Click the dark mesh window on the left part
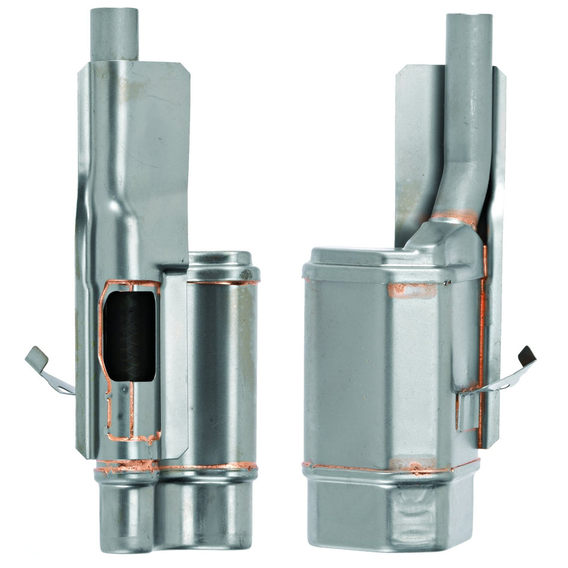pyautogui.click(x=129, y=337)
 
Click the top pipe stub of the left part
pyautogui.click(x=114, y=33)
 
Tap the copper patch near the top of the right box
pyautogui.click(x=411, y=291)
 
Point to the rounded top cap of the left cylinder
pyautogui.click(x=222, y=264)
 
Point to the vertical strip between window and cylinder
pyautogui.click(x=173, y=359)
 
